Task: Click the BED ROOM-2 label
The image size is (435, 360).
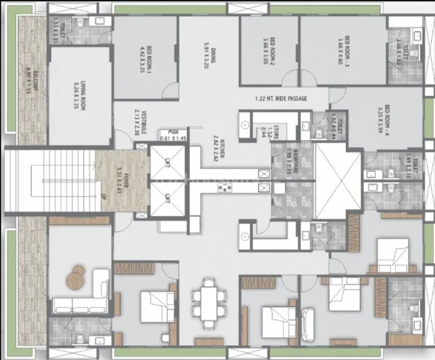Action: tap(269, 48)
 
